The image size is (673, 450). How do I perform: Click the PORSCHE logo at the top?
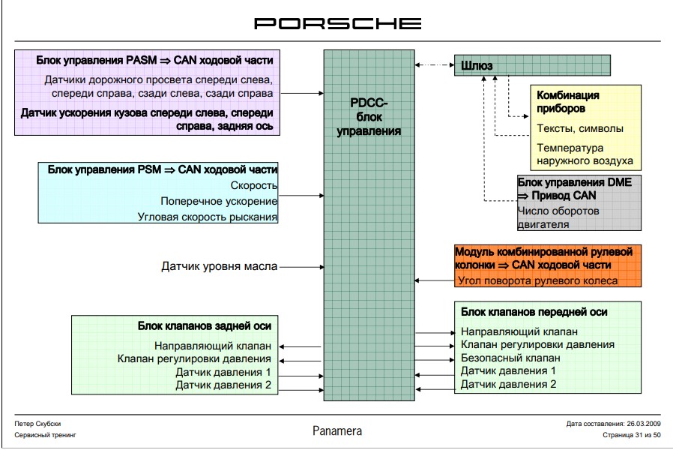tap(337, 23)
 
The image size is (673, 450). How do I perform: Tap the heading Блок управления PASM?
tap(154, 59)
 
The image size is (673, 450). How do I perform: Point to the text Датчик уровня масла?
tap(219, 266)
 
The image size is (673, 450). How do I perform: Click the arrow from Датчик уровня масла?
tap(301, 266)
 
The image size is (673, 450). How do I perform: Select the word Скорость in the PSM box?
tap(255, 185)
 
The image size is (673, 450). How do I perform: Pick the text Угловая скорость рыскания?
tap(208, 217)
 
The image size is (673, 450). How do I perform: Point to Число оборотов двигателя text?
tap(558, 217)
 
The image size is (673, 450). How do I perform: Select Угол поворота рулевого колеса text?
tap(537, 281)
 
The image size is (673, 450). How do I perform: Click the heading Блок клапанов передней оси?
tap(534, 312)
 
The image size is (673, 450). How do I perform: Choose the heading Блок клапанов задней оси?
tap(204, 325)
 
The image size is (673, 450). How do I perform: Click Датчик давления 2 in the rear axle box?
tap(223, 385)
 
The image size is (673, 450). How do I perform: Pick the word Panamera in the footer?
tap(337, 431)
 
